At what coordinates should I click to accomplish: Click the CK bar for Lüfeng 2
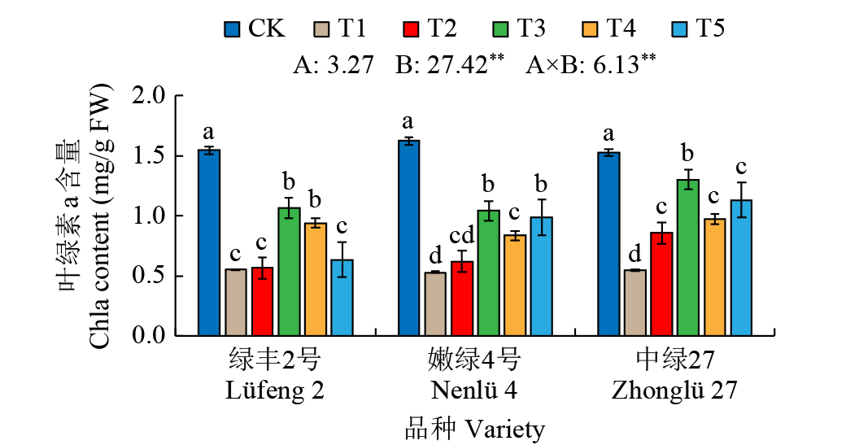pyautogui.click(x=209, y=242)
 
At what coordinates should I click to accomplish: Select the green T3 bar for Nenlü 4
pyautogui.click(x=488, y=273)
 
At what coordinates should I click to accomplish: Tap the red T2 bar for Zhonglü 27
pyautogui.click(x=661, y=284)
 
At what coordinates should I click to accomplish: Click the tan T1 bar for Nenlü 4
pyautogui.click(x=435, y=303)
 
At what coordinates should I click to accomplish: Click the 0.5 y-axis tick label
pyautogui.click(x=148, y=276)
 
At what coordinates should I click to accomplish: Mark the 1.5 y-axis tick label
pyautogui.click(x=148, y=156)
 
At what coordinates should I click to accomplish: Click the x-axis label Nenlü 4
pyautogui.click(x=474, y=390)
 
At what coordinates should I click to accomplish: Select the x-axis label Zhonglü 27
pyautogui.click(x=674, y=390)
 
